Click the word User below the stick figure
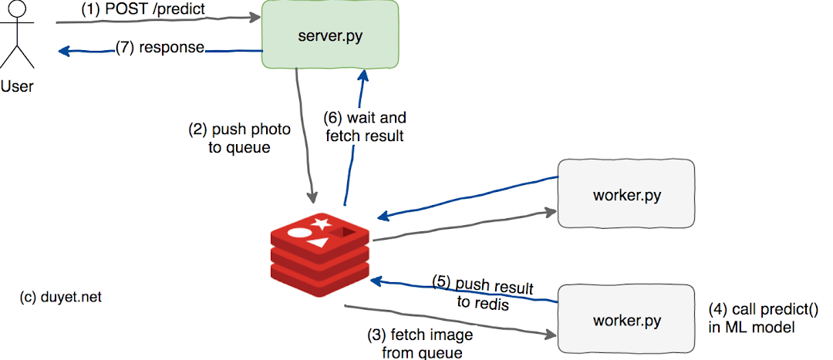click(17, 86)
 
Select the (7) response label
click(160, 48)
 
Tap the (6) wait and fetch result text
click(364, 128)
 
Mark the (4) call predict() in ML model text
click(752, 317)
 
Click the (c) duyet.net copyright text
click(60, 297)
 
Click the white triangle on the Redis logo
click(317, 243)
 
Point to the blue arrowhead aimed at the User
click(64, 52)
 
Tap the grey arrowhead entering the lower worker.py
click(551, 335)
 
